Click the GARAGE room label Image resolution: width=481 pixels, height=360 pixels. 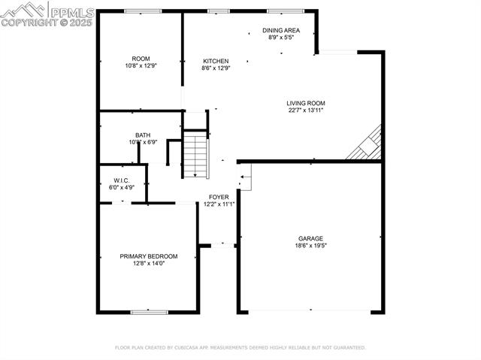(310, 238)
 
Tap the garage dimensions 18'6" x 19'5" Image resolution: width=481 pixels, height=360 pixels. (310, 245)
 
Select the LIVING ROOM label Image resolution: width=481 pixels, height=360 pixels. (305, 103)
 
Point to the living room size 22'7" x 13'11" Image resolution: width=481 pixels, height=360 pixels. (305, 110)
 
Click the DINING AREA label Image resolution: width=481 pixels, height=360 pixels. (281, 30)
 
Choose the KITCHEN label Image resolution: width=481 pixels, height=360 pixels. (216, 61)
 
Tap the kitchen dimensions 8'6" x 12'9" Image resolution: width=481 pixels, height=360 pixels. (216, 68)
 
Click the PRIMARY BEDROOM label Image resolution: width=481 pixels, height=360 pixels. (149, 256)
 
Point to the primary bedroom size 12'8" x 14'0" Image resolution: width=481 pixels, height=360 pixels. (149, 263)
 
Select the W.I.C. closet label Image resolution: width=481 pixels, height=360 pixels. (123, 180)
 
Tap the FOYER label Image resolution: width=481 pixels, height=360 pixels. (219, 197)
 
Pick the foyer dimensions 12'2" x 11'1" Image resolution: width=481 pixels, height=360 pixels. (219, 204)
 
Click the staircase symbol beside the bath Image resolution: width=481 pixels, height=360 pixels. (195, 156)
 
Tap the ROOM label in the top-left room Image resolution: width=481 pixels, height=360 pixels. (141, 59)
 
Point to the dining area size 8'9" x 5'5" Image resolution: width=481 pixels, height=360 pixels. (281, 37)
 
